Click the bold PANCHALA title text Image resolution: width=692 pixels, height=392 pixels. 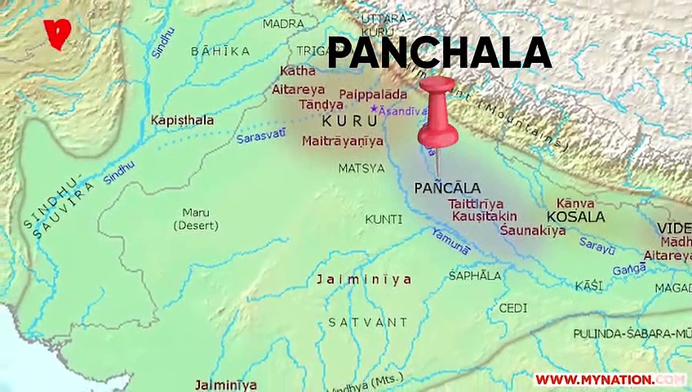tap(439, 54)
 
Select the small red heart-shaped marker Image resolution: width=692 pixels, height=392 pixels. tap(59, 33)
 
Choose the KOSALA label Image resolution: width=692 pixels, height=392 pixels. tap(575, 217)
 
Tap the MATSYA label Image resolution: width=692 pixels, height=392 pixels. tap(362, 168)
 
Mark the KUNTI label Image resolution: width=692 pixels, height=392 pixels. tap(384, 219)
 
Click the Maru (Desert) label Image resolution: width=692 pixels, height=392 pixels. tap(196, 219)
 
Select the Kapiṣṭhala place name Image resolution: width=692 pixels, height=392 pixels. tap(182, 121)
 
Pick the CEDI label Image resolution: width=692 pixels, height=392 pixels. tap(512, 308)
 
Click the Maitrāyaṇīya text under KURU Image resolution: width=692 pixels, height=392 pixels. tap(342, 141)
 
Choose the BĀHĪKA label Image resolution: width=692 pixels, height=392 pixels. tap(220, 51)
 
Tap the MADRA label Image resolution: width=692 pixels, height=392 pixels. tap(284, 24)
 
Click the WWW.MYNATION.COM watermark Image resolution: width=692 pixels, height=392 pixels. tap(610, 380)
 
